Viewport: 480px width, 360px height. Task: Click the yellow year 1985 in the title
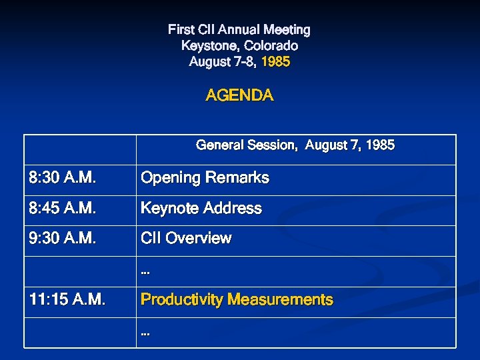point(275,62)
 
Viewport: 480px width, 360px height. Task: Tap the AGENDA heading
point(239,95)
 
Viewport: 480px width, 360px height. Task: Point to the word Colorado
point(271,46)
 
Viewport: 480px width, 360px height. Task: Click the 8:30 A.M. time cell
point(62,178)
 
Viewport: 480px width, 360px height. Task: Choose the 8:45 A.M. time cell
point(62,209)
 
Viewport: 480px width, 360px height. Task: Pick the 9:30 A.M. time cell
point(62,239)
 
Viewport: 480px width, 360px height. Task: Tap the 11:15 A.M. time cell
point(67,300)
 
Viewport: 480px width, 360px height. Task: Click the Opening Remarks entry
point(205,178)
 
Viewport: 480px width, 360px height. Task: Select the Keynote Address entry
point(201,209)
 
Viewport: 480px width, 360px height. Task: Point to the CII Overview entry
point(186,239)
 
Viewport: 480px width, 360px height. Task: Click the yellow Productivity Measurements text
point(236,300)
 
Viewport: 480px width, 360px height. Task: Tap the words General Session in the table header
point(246,145)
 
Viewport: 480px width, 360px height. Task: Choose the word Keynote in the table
point(167,209)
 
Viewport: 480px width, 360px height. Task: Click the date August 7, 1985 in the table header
point(349,145)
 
